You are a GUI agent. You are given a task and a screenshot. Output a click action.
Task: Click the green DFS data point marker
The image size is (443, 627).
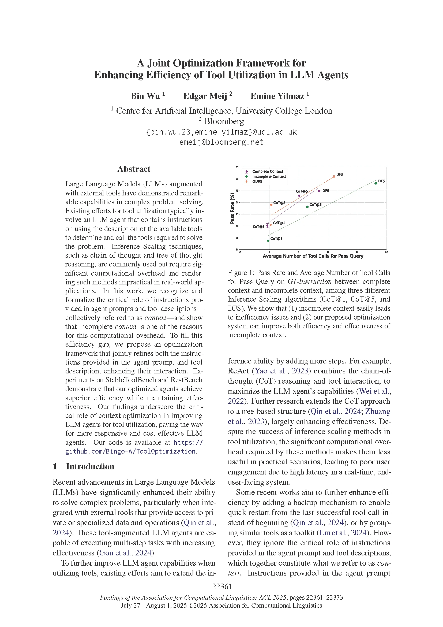[x=376, y=183]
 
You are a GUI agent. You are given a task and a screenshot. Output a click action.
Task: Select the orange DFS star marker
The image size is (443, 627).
[x=334, y=177]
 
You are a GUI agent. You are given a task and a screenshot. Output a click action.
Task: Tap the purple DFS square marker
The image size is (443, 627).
[x=319, y=191]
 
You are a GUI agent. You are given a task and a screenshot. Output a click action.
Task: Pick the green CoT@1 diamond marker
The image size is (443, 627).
[x=268, y=240]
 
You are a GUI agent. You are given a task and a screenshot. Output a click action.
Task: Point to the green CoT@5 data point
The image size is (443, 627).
[x=307, y=207]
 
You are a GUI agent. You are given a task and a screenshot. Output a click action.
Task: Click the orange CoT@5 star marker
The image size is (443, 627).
[x=271, y=205]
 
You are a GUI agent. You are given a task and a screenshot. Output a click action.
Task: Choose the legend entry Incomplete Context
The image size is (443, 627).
[x=269, y=176]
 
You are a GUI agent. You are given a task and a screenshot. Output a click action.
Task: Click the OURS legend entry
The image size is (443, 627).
[x=257, y=181]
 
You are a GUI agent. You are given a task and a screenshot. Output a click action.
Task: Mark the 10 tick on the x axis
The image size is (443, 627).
[x=357, y=252]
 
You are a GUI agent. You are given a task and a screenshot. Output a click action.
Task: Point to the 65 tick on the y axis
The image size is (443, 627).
[x=237, y=167]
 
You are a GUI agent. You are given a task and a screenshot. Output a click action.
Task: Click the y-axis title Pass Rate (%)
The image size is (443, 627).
[x=232, y=208]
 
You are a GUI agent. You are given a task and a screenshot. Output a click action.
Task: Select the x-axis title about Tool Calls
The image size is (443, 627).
[x=313, y=256]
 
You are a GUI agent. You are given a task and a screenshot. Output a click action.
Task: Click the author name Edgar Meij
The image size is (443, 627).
[x=205, y=96]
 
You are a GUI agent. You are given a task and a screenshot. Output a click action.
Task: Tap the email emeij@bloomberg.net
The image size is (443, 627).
[x=221, y=142]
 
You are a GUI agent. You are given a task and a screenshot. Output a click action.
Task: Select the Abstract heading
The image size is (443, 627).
[x=134, y=169]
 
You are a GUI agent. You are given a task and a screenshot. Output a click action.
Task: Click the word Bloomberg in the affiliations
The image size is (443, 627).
[x=224, y=121]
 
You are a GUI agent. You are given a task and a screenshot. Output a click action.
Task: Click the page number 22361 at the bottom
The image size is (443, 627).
[x=222, y=586]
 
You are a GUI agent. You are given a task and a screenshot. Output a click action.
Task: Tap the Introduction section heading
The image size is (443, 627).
[x=90, y=466]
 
